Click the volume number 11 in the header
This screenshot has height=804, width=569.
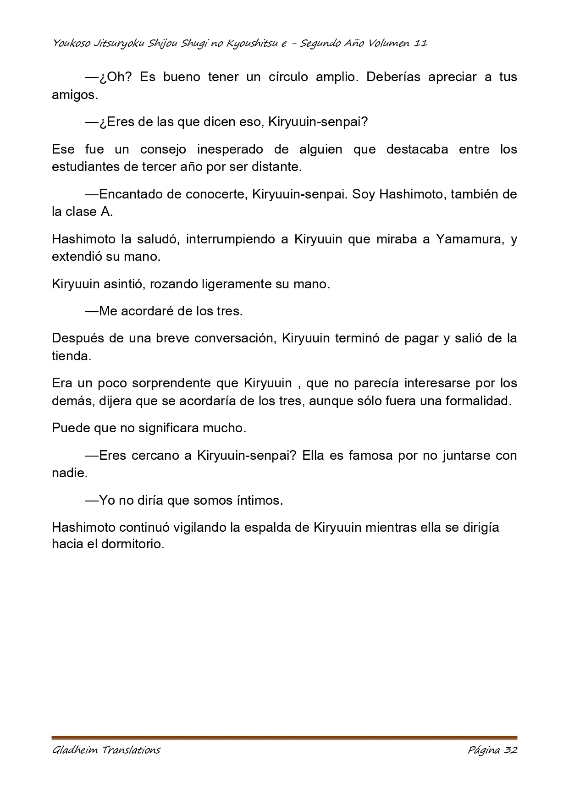tap(420, 44)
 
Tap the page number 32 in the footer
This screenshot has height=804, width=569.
tap(510, 750)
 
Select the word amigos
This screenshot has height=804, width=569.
tap(75, 95)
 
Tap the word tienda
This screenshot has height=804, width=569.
tap(71, 356)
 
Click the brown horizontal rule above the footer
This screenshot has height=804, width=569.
tap(284, 738)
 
